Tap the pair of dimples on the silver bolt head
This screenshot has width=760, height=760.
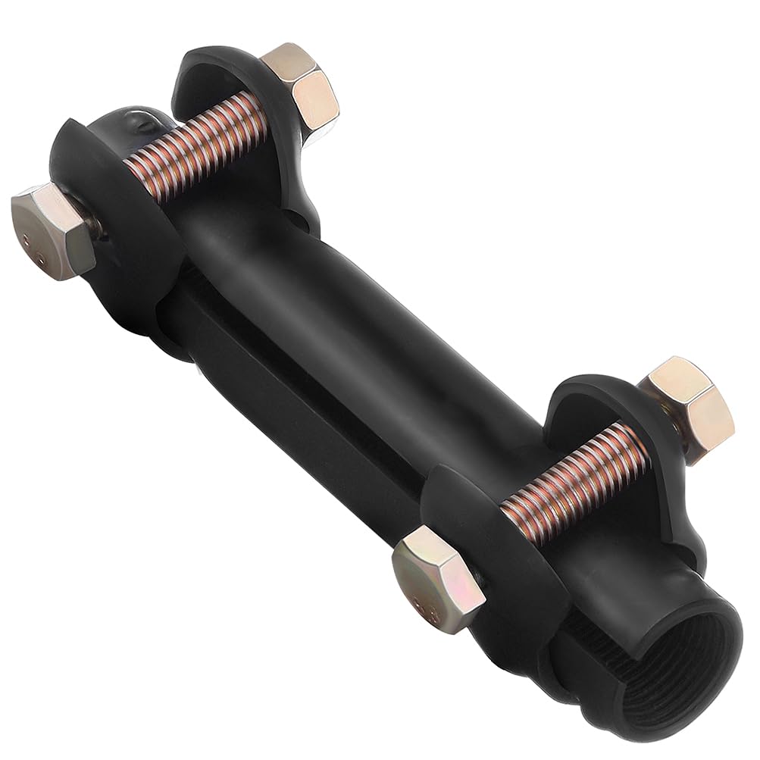pos(30,242)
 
